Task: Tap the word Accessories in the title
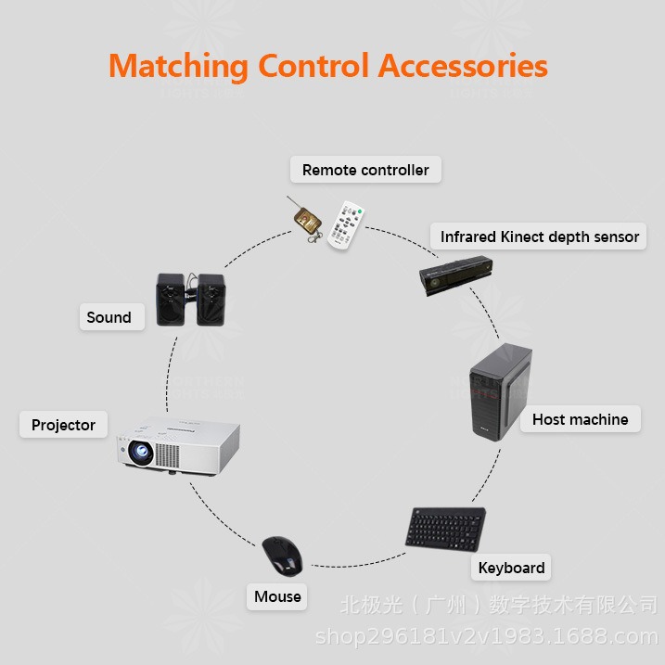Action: coord(463,67)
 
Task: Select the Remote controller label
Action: coord(365,170)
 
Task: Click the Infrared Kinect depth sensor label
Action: coord(540,237)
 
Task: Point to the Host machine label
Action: coord(580,419)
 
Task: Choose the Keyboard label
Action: coord(511,568)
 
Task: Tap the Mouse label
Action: coord(277,596)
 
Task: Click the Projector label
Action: coord(63,425)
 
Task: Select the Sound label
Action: coord(109,317)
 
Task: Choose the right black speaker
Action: coord(211,299)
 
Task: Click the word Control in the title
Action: coord(313,67)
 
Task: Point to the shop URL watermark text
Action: coord(486,636)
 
